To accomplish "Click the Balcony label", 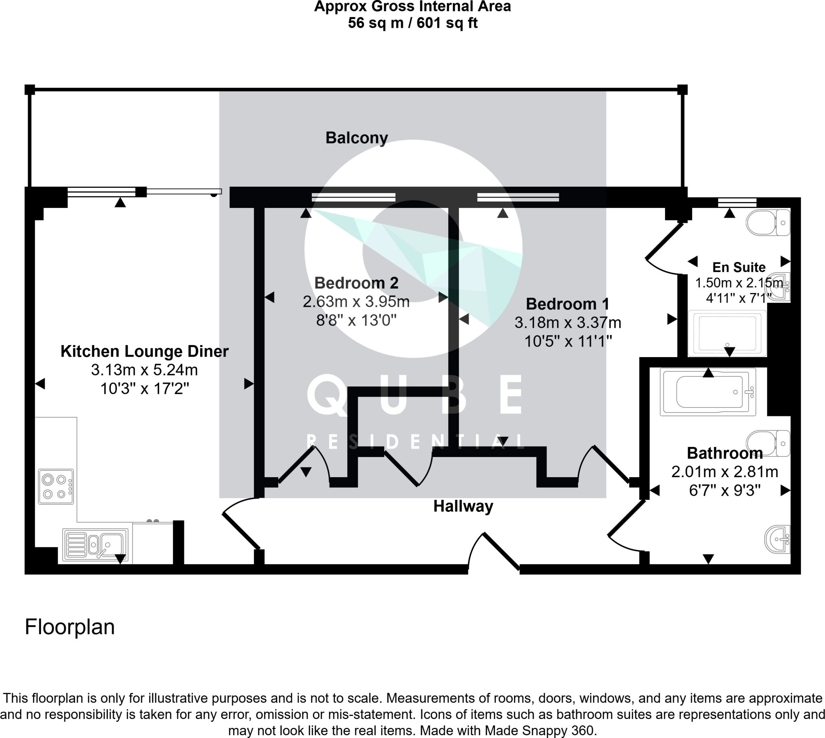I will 357,138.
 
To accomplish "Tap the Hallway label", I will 463,506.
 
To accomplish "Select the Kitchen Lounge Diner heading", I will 145,351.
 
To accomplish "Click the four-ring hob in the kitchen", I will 56,486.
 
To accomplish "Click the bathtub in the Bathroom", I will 708,392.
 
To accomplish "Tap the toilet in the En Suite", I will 768,222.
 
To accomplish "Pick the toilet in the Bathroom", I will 768,444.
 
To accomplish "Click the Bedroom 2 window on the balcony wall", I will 353,197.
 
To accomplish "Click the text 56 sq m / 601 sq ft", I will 412,23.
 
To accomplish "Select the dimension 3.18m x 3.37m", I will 568,323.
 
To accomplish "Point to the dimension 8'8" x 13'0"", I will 356,320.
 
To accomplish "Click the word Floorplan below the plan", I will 70,626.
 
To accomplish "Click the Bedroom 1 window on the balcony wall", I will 518,197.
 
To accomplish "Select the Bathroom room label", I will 725,453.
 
